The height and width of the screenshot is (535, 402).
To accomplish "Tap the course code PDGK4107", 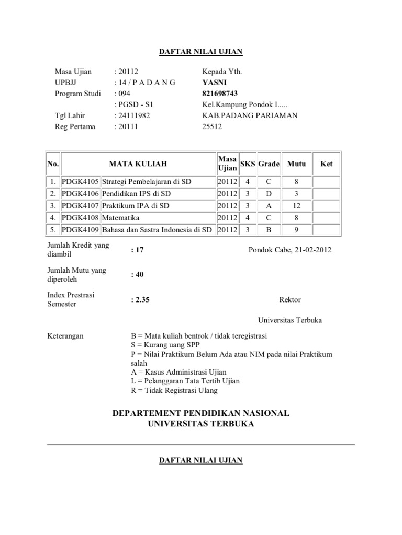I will (80, 205).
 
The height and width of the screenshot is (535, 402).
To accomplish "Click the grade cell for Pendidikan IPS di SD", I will (269, 194).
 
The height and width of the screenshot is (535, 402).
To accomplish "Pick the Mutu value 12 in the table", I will (296, 205).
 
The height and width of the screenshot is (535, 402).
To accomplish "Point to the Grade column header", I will (269, 164).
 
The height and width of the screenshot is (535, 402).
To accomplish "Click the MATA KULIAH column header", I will (138, 164).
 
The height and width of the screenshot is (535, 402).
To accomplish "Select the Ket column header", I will (327, 164).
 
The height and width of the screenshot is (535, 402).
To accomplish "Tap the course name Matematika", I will (121, 217).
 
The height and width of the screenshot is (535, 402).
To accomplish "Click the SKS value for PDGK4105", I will (248, 182).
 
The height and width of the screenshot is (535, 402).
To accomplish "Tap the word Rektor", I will (290, 299).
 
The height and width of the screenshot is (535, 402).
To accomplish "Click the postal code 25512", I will (212, 126).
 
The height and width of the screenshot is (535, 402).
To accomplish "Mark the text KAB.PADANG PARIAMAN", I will (250, 115).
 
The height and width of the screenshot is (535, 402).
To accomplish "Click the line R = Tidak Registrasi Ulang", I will (174, 390).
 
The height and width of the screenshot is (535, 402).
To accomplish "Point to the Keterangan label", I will (65, 335).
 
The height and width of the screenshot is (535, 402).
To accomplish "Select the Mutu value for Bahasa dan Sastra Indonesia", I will (296, 229).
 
